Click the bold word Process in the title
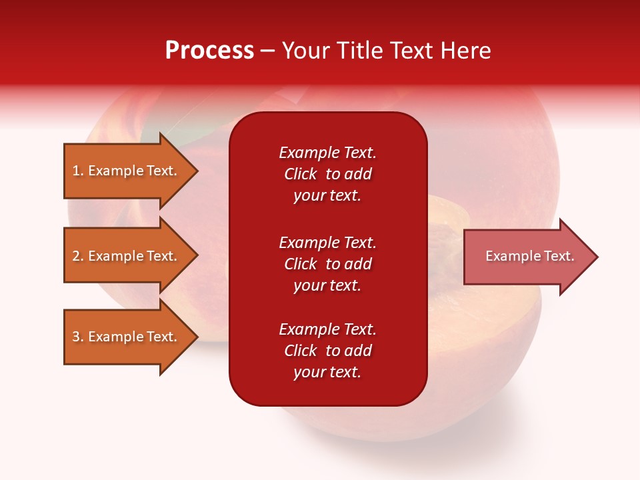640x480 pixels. (x=209, y=51)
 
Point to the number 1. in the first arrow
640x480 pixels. (x=78, y=171)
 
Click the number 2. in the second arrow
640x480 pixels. (x=78, y=256)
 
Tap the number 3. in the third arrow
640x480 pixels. (x=78, y=337)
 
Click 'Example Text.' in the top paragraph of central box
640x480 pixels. (x=327, y=153)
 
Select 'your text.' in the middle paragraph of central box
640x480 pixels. (x=327, y=285)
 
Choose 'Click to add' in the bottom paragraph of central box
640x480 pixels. (x=327, y=351)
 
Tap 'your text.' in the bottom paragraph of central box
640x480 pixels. (x=327, y=372)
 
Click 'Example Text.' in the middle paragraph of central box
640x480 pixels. (x=327, y=243)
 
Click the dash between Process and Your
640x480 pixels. (x=267, y=51)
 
